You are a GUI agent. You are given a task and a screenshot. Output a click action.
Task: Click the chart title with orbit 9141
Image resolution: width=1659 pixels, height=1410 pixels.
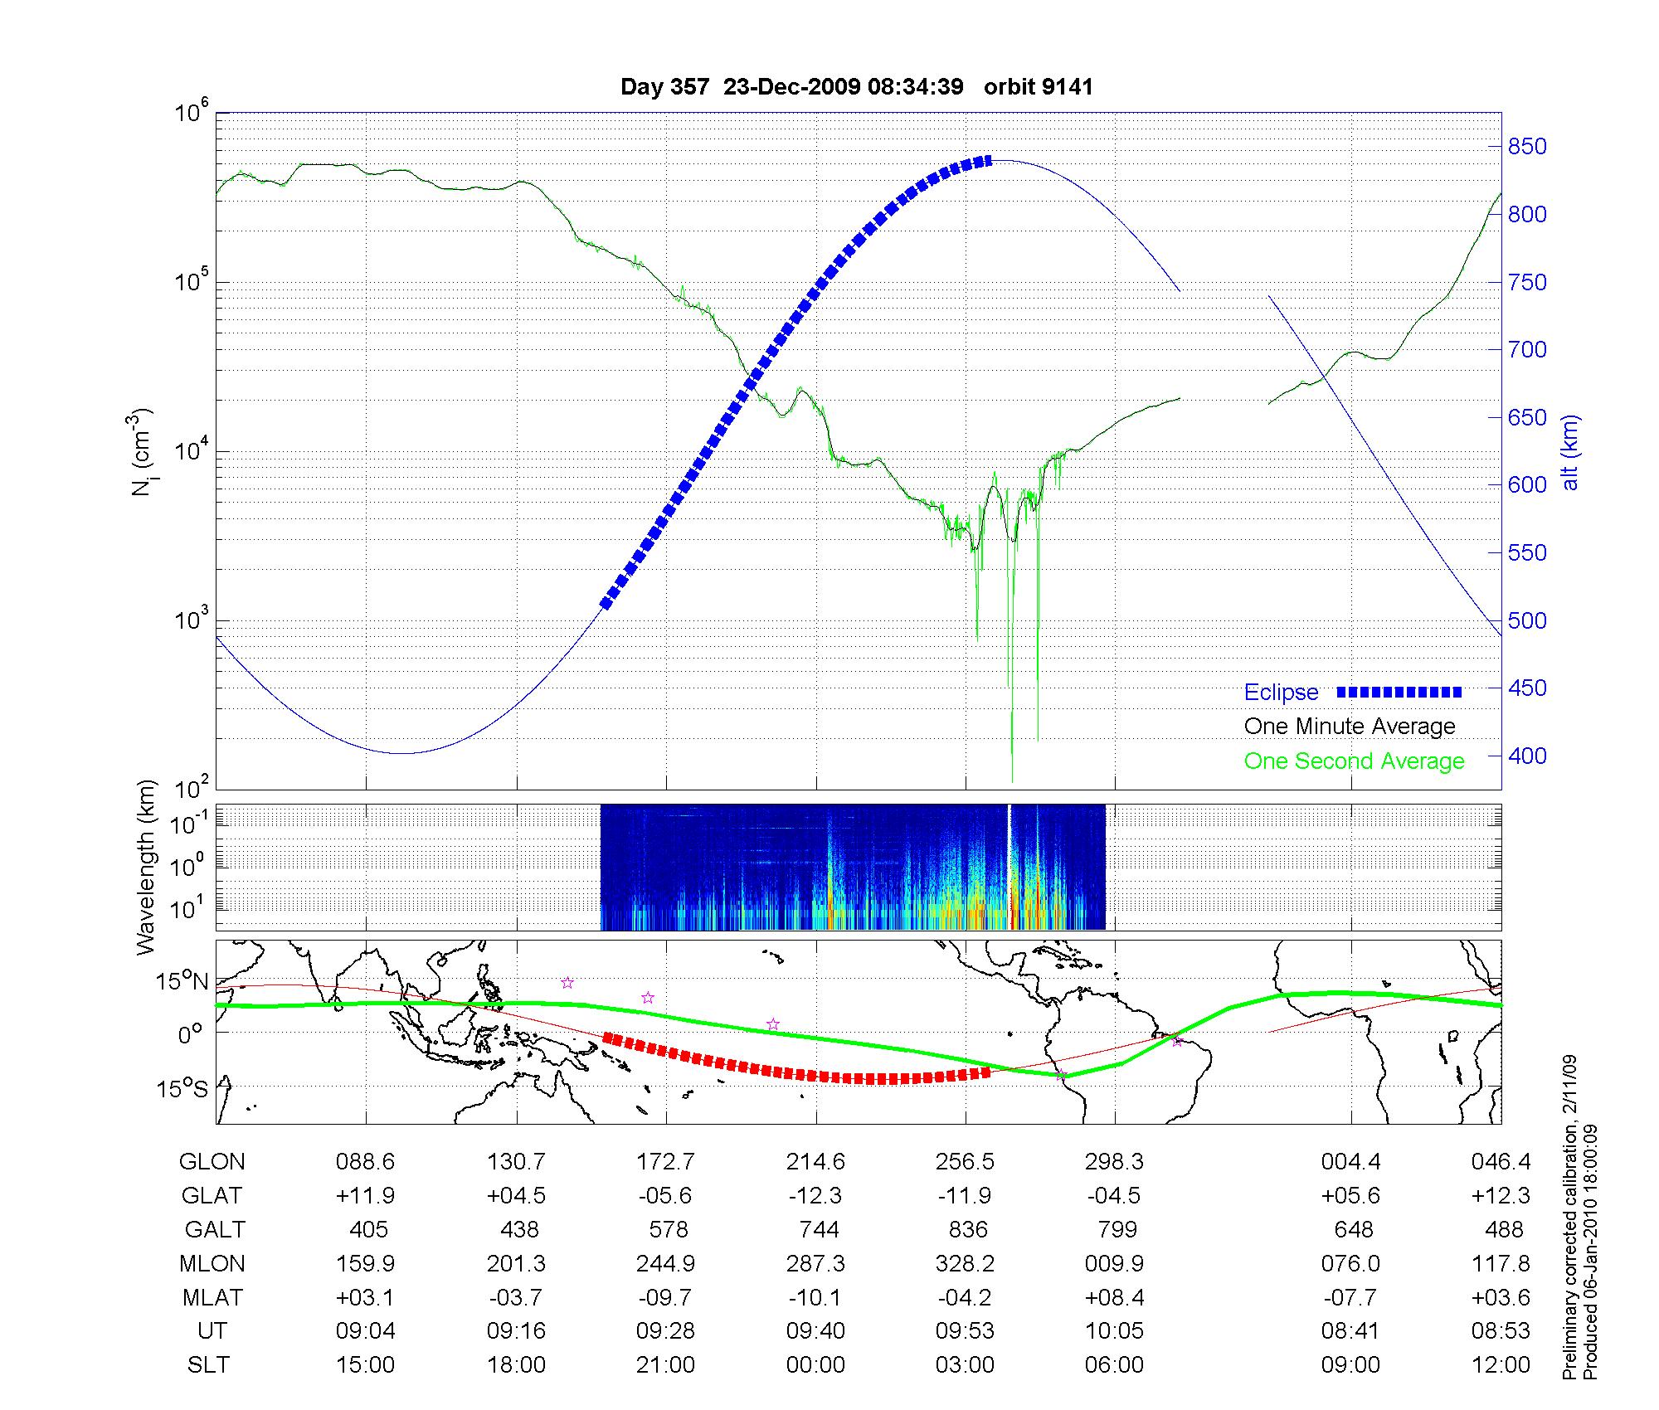[856, 87]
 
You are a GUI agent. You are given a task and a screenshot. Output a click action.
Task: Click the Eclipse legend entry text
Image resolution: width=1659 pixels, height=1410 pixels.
[1281, 693]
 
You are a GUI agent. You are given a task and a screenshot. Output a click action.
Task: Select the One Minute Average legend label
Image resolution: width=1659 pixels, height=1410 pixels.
[1350, 727]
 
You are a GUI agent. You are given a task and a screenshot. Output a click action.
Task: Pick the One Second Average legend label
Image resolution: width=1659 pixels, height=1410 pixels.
[1354, 761]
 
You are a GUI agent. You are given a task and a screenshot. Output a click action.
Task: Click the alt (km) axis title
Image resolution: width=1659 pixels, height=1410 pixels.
[1570, 452]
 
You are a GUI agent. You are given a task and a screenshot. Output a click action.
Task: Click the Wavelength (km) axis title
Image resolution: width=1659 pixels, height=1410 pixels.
[147, 867]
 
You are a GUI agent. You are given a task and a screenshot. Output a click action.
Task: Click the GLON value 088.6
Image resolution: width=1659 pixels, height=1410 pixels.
[365, 1162]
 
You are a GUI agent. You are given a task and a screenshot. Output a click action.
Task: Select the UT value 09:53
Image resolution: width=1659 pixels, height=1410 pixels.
[966, 1331]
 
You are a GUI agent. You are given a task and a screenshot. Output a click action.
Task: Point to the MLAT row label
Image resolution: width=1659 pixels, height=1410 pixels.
[212, 1297]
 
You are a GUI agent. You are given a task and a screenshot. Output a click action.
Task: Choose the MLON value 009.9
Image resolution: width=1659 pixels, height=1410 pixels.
[1115, 1263]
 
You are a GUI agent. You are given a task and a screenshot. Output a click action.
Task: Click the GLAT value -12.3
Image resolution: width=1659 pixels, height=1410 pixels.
[815, 1196]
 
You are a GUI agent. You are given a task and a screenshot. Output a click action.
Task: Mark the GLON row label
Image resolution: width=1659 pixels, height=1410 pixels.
[212, 1162]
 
